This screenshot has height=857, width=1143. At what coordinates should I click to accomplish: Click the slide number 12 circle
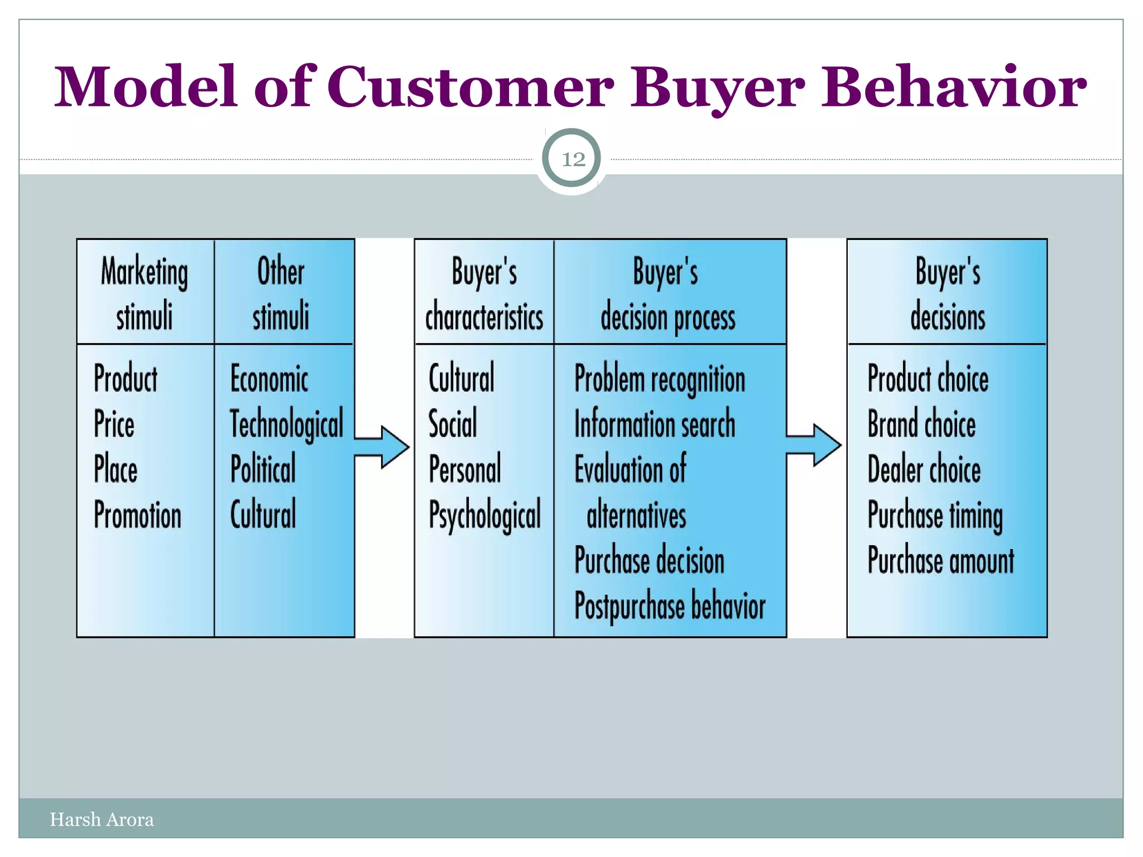click(x=571, y=159)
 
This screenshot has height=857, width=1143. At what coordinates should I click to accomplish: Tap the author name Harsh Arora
click(x=102, y=819)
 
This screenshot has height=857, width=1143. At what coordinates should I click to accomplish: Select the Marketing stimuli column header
click(x=145, y=293)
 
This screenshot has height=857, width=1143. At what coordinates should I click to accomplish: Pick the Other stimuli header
click(x=281, y=293)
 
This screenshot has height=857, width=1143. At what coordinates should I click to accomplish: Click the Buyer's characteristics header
click(x=484, y=293)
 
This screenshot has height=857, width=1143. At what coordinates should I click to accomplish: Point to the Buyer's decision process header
click(x=667, y=293)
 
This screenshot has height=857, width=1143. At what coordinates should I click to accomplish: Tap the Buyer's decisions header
click(x=947, y=293)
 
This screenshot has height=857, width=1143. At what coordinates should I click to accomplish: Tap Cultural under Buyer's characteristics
click(x=462, y=378)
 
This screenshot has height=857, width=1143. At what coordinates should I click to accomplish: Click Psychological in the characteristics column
click(x=484, y=515)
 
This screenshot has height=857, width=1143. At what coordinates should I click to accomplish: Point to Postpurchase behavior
click(x=670, y=606)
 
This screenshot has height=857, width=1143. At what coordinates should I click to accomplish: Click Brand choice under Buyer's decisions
click(x=921, y=423)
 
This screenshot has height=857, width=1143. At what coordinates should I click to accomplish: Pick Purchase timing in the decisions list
click(x=935, y=515)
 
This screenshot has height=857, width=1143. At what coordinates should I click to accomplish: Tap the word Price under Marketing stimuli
click(x=114, y=423)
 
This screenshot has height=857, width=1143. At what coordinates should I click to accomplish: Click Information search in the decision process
click(x=655, y=423)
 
